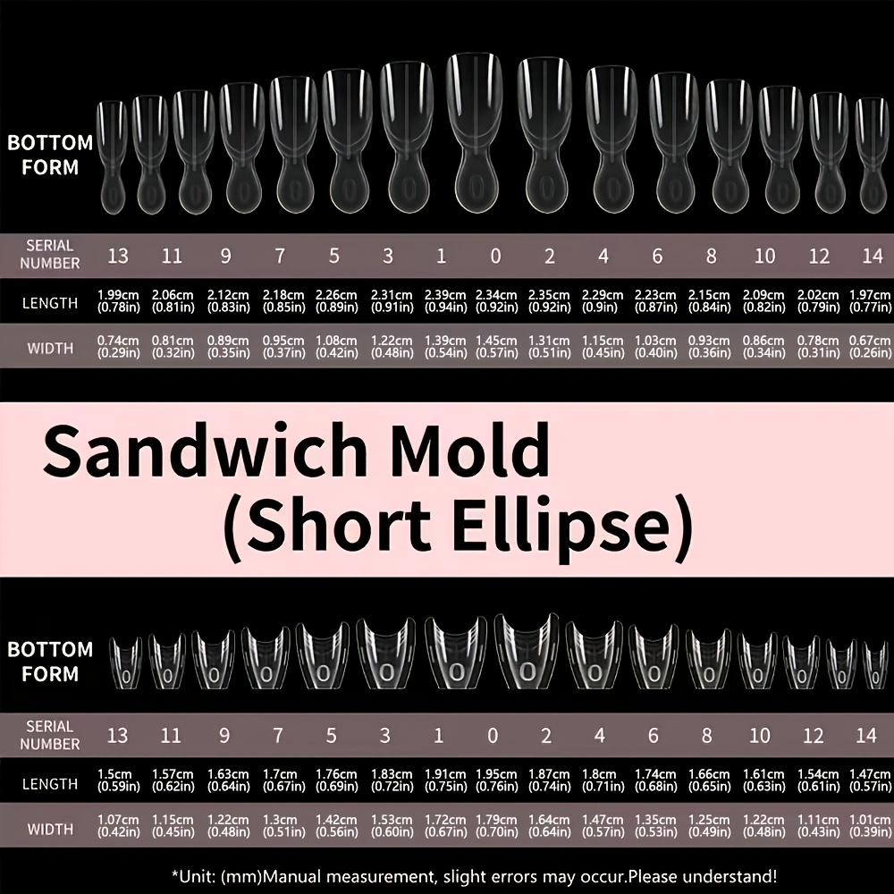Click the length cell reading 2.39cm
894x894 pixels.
(446, 301)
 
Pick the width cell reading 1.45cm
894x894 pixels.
(496, 347)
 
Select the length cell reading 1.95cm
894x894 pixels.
(496, 780)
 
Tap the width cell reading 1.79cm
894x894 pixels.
(496, 826)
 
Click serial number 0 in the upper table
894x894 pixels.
(495, 256)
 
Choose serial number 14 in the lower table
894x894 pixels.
(866, 736)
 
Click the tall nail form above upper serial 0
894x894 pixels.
(475, 133)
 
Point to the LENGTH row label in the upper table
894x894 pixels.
(50, 303)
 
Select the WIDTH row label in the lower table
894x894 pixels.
(50, 829)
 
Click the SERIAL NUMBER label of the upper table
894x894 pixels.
(50, 254)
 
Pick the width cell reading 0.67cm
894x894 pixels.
(870, 347)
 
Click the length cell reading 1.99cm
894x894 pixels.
(118, 301)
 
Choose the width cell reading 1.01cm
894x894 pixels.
(870, 826)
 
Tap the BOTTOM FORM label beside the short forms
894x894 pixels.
(50, 662)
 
